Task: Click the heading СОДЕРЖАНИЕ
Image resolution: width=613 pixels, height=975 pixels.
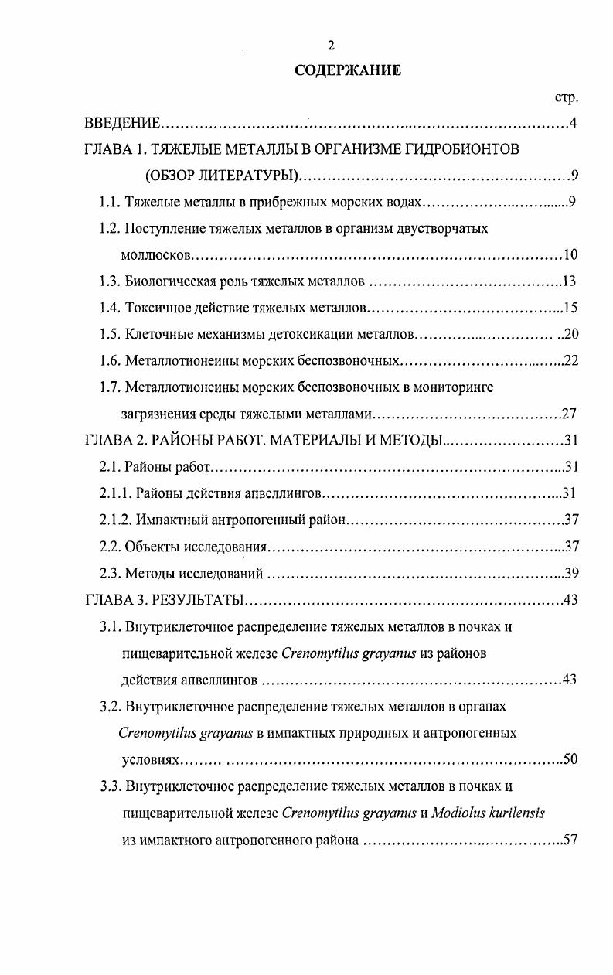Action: pos(348,70)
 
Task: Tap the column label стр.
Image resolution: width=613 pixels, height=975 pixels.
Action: pos(567,97)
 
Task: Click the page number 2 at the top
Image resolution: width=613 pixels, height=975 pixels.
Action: pos(331,45)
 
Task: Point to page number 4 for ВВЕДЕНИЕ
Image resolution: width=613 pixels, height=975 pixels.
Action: pos(573,124)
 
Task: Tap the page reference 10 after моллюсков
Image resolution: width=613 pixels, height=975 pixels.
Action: pos(570,255)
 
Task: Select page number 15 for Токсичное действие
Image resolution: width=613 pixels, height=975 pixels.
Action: pos(570,308)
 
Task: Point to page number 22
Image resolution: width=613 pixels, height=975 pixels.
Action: pos(570,360)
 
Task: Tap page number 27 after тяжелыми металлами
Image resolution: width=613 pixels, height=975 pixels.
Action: pos(569,413)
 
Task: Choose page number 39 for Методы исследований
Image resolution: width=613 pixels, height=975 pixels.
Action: pos(571,573)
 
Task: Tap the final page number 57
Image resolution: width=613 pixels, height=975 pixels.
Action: pos(570,839)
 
